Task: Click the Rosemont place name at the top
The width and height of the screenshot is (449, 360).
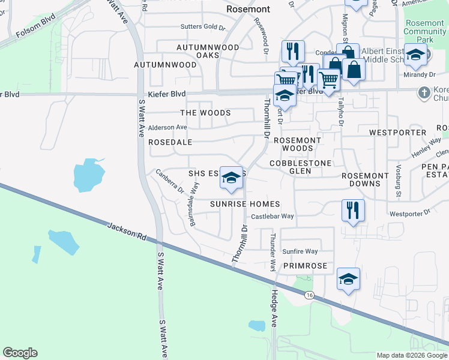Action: (248, 10)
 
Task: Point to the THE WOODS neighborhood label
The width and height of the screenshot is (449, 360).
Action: (206, 113)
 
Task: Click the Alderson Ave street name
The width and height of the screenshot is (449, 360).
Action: (167, 127)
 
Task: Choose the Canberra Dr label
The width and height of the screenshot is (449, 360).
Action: (169, 181)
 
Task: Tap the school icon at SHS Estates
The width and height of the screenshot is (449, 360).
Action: (231, 178)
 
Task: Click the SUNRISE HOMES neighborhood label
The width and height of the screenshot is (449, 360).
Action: (245, 204)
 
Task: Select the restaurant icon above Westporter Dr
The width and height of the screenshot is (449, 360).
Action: (352, 210)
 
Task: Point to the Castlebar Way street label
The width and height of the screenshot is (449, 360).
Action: (272, 216)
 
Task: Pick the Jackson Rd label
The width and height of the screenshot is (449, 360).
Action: (127, 232)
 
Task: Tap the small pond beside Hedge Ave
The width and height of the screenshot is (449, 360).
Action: (257, 326)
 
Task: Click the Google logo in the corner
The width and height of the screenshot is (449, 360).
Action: (20, 353)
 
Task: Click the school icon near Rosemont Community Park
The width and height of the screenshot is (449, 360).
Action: (415, 55)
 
